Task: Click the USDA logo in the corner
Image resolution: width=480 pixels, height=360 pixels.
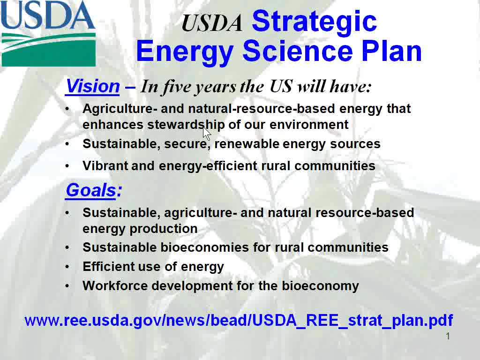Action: click(48, 33)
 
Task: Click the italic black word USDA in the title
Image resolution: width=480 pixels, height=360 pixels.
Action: click(212, 23)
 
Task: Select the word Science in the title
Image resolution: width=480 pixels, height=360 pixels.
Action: click(298, 51)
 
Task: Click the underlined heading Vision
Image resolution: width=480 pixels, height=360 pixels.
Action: click(92, 86)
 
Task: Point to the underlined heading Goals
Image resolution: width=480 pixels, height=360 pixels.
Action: click(91, 190)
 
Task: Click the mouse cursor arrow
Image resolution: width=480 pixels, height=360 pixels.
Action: click(207, 133)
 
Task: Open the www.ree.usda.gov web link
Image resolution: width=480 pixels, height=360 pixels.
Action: click(239, 320)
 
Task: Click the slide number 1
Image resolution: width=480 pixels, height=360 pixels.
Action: click(448, 336)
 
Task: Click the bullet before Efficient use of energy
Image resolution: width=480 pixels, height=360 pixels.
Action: click(67, 267)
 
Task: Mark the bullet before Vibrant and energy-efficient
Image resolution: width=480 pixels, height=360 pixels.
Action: click(67, 166)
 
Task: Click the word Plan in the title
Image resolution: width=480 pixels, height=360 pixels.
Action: click(391, 51)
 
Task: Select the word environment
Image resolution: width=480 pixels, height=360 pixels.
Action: click(309, 125)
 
